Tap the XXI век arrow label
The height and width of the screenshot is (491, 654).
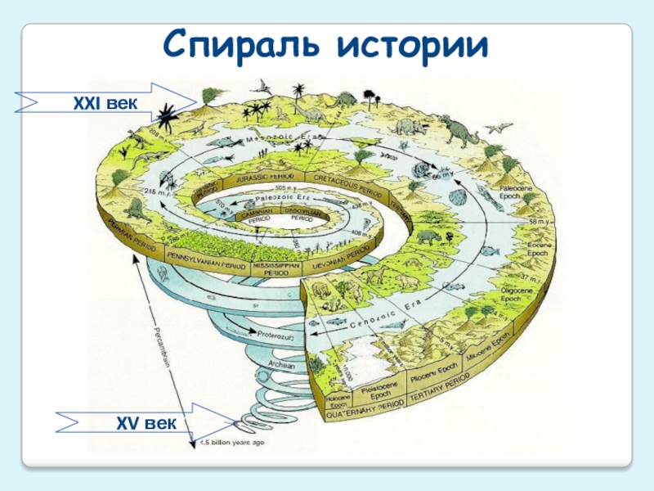tap(102, 101)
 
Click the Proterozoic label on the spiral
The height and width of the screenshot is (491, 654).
tap(280, 336)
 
